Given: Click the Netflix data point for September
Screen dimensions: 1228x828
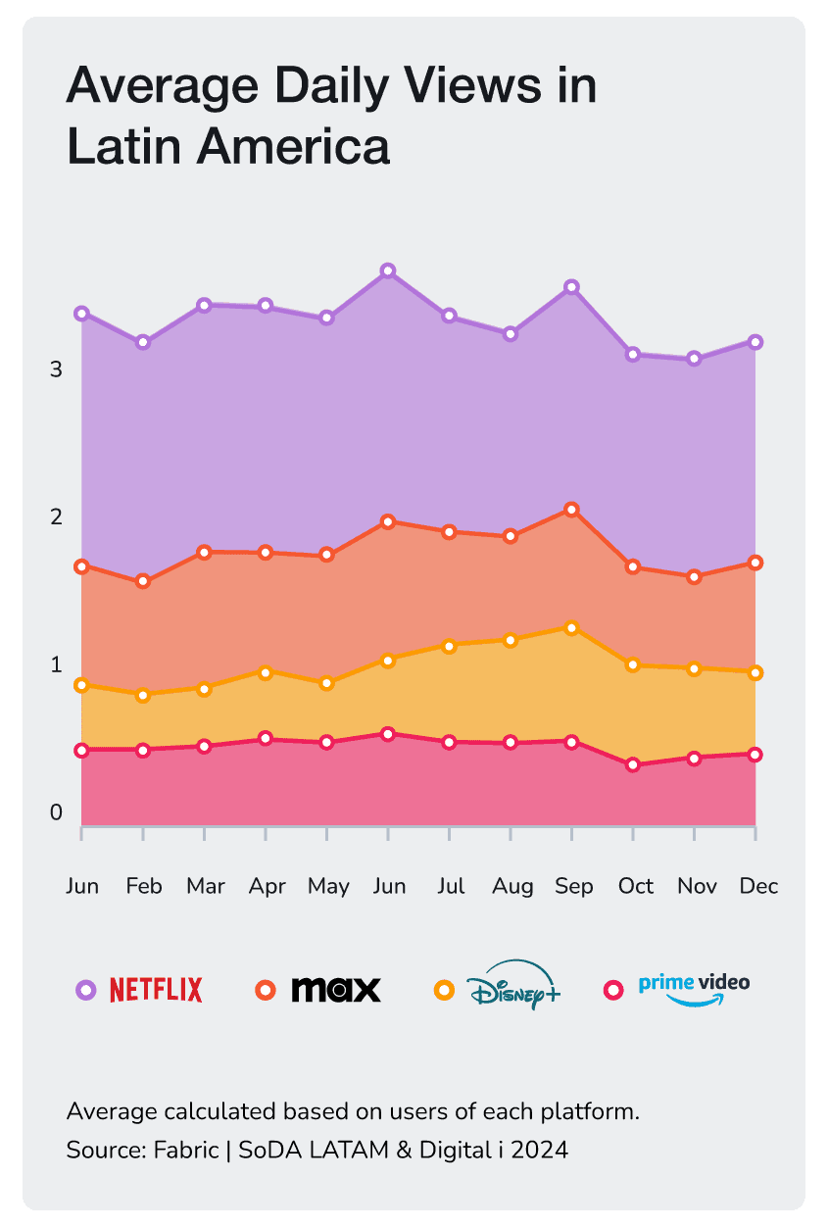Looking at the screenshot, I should click(572, 287).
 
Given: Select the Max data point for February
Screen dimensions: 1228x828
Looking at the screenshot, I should click(143, 581).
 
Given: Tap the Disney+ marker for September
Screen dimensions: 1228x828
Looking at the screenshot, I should click(572, 627).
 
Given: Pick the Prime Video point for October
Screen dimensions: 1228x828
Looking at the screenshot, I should click(633, 763).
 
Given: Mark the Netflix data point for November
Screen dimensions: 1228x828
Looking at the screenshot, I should click(695, 359).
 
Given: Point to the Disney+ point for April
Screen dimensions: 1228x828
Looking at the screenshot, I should click(266, 671).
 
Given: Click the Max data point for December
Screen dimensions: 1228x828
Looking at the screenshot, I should click(755, 563).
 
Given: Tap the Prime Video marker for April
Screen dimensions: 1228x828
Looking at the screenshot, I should click(266, 737).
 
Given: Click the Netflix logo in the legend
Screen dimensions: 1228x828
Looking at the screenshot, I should click(156, 990).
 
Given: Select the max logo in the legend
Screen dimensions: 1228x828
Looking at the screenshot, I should click(336, 990).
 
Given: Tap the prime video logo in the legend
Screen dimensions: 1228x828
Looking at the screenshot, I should click(694, 988).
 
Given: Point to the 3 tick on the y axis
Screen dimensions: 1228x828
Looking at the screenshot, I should click(56, 369).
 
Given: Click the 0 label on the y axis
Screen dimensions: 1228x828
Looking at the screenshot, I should click(56, 812).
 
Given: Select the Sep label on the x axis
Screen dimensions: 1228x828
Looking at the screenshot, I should click(573, 886).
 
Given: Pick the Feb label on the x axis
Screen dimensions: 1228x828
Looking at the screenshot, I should click(144, 886).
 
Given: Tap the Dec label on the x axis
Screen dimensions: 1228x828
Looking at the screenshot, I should click(758, 886).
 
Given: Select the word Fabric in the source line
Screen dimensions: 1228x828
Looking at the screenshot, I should click(186, 1150).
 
